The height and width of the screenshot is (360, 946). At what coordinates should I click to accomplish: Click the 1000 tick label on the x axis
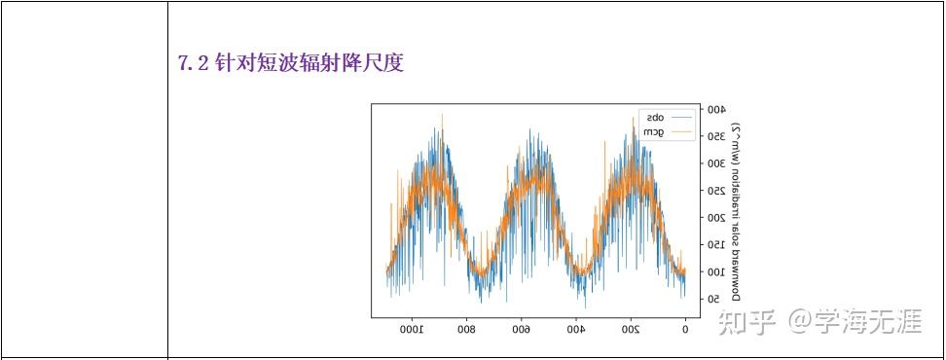pos(413,329)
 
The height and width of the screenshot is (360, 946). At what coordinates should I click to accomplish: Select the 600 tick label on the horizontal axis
pos(521,329)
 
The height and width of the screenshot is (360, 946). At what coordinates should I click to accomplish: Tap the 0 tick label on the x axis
pos(685,329)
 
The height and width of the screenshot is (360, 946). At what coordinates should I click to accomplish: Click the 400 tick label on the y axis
pos(716,110)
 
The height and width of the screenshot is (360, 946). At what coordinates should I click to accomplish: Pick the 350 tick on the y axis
pos(716,137)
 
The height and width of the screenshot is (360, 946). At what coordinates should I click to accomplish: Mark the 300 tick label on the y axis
pos(716,163)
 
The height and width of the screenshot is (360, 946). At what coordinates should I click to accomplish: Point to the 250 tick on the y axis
pos(716,191)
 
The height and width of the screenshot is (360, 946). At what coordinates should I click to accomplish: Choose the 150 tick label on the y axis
pos(716,245)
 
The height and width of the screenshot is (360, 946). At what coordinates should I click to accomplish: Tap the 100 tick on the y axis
pos(716,272)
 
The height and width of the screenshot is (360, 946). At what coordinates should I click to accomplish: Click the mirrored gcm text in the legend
pos(653,131)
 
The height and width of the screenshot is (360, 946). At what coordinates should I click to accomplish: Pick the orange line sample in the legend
pos(681,131)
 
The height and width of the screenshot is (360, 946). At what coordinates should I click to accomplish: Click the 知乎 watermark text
pos(746,321)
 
